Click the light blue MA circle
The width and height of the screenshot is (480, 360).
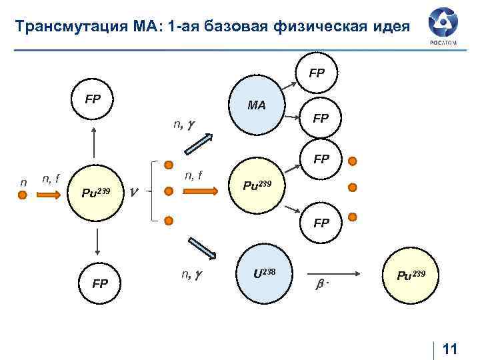tap(257, 105)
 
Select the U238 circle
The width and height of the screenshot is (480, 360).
tap(264, 275)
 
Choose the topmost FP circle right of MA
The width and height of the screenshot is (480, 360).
tap(317, 72)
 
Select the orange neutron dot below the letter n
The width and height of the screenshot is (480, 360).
tap(23, 195)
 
